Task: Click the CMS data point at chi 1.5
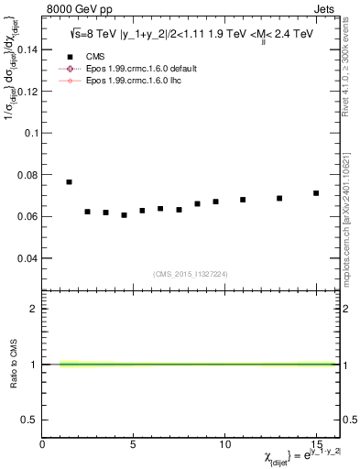pos(70,182)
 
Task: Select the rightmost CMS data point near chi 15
pos(316,193)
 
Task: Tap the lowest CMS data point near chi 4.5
pos(124,215)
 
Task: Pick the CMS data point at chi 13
pos(279,198)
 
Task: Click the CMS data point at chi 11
pos(243,200)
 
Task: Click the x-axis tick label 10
pos(224,444)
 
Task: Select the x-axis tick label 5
pos(134,444)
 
